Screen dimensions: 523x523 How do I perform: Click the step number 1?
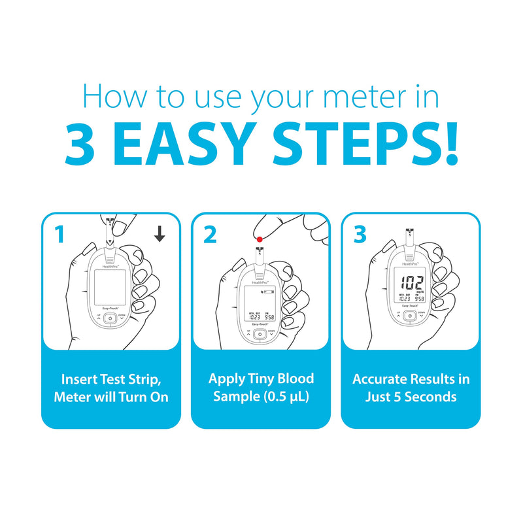coord(59,234)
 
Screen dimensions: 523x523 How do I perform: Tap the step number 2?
coord(209,234)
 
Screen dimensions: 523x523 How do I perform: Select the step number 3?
coord(360,234)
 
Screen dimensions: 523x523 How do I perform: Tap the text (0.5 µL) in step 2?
coord(284,397)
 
